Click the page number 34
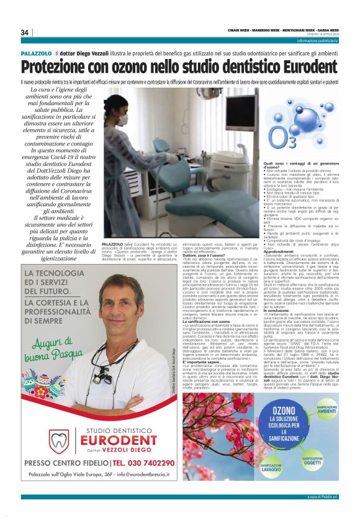pyautogui.click(x=25, y=32)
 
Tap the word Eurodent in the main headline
pyautogui.click(x=292, y=66)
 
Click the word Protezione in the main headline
pyautogui.click(x=61, y=66)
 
